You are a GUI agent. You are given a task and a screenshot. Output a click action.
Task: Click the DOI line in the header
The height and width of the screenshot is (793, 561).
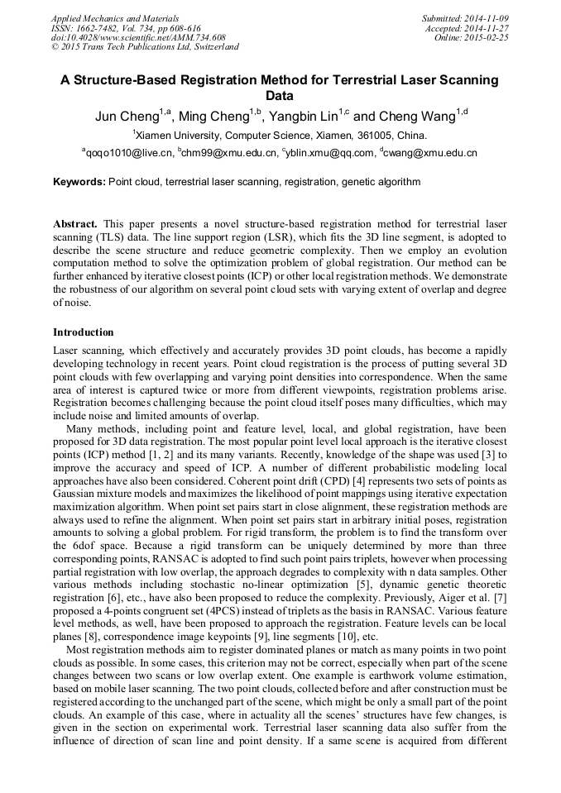click(138, 37)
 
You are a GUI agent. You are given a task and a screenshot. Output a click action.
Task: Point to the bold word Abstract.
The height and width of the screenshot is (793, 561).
click(75, 224)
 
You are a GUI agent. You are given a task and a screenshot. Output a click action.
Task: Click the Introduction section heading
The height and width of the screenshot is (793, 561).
click(84, 332)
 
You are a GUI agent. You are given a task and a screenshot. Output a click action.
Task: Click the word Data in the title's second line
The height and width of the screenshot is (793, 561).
click(280, 96)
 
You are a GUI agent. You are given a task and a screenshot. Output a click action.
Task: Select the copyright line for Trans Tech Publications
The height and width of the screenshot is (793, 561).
click(145, 47)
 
